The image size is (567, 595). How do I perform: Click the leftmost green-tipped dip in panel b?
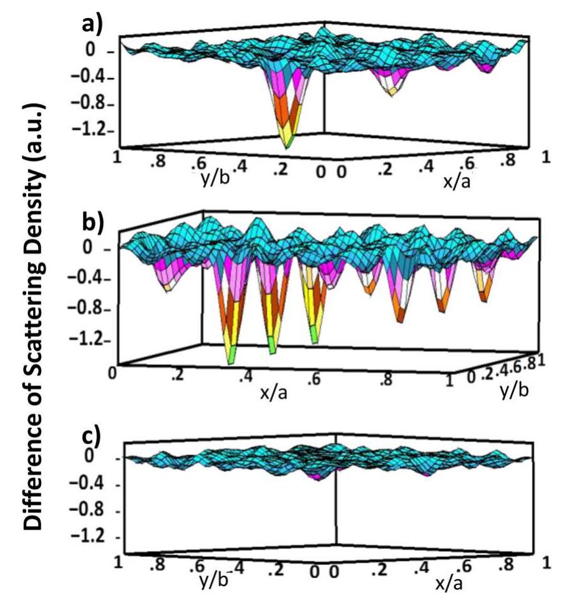click(x=232, y=358)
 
